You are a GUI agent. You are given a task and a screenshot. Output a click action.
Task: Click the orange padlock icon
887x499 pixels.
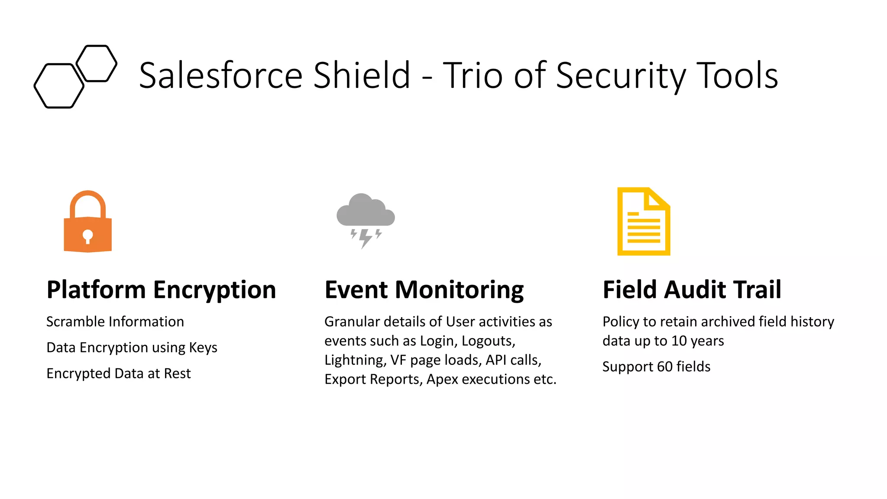pyautogui.click(x=87, y=225)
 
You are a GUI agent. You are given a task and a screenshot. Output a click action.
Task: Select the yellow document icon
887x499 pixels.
pyautogui.click(x=643, y=222)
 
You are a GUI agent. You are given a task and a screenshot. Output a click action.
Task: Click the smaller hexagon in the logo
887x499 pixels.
pyautogui.click(x=97, y=63)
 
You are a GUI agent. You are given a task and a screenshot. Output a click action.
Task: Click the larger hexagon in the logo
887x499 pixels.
pyautogui.click(x=59, y=86)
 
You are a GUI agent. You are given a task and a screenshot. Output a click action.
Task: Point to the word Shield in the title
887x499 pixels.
pyautogui.click(x=362, y=75)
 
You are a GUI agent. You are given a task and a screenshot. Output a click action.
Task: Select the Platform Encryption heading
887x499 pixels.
pyautogui.click(x=161, y=290)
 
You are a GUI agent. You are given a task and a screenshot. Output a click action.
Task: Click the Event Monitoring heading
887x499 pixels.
pyautogui.click(x=424, y=290)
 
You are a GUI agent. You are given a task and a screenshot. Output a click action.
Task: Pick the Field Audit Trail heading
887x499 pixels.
pyautogui.click(x=692, y=290)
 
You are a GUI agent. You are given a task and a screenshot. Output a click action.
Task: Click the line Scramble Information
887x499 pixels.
pyautogui.click(x=115, y=322)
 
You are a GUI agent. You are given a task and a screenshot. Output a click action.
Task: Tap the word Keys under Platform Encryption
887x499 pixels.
pyautogui.click(x=203, y=348)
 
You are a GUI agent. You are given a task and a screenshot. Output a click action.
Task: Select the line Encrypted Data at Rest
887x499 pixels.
pyautogui.click(x=118, y=373)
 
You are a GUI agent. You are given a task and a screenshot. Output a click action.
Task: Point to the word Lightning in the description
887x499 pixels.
pyautogui.click(x=354, y=360)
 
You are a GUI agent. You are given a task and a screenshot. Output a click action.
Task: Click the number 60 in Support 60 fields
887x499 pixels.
pyautogui.click(x=664, y=367)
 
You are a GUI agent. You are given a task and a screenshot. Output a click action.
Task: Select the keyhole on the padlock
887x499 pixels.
pyautogui.click(x=87, y=237)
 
